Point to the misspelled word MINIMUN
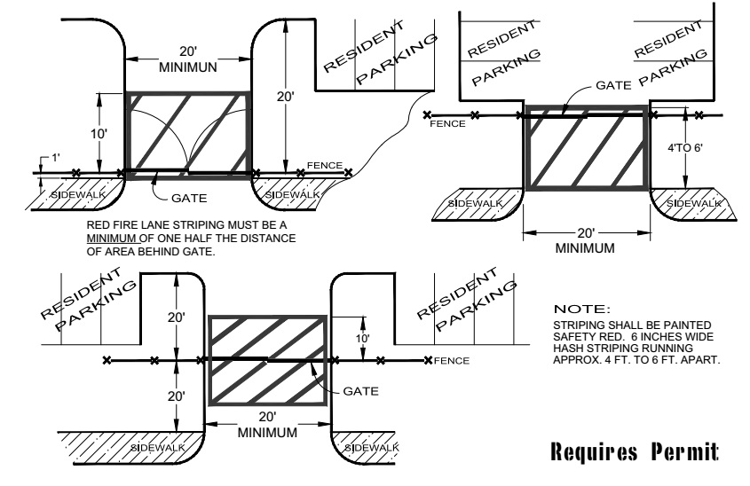coord(188,67)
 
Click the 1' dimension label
coord(57,157)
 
